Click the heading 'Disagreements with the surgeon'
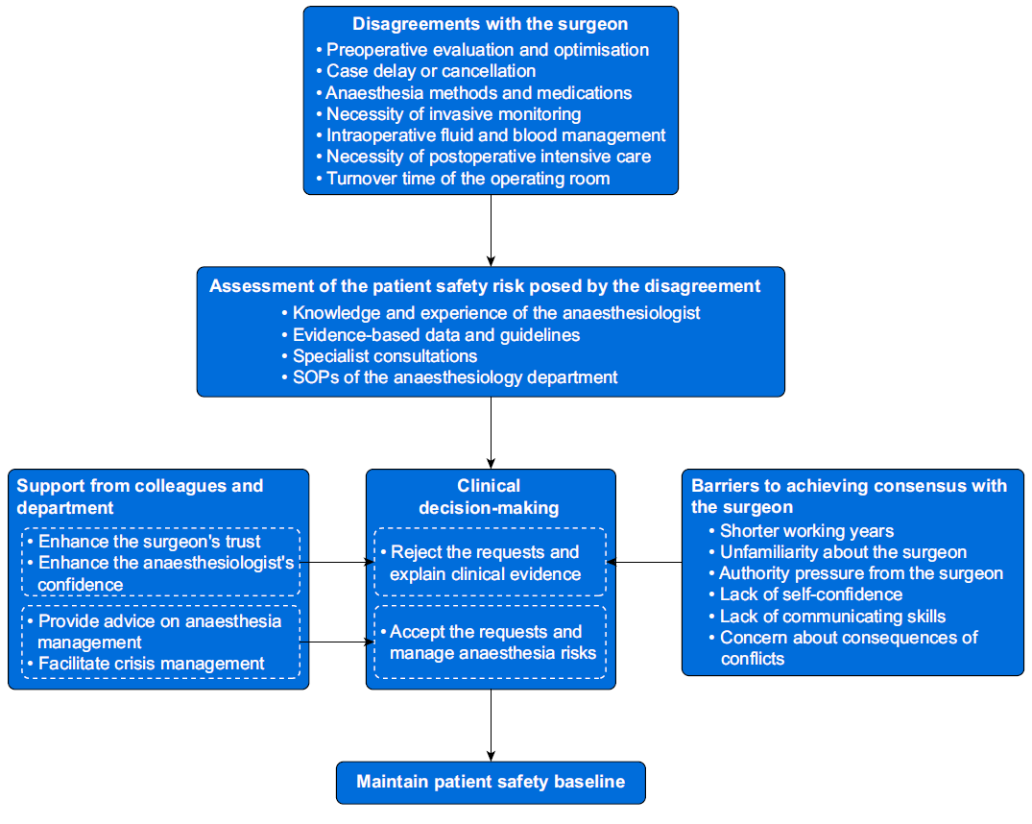click(491, 24)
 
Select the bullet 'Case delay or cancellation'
click(426, 71)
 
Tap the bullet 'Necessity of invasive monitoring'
click(449, 114)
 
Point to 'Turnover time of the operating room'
click(464, 179)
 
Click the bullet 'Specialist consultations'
click(380, 356)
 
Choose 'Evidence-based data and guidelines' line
click(431, 335)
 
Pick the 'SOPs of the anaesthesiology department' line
click(450, 377)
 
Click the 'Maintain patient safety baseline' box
click(491, 783)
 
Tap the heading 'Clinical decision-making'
click(489, 497)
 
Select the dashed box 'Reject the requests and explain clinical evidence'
click(491, 562)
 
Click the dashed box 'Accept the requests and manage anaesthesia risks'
click(491, 642)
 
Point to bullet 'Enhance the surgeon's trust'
click(144, 542)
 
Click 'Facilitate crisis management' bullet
click(146, 664)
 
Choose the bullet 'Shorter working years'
click(802, 531)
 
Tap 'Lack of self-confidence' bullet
click(806, 594)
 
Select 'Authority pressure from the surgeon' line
click(856, 573)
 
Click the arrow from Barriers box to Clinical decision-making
click(644, 563)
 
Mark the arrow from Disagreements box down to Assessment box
click(491, 230)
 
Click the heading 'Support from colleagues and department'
click(139, 497)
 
